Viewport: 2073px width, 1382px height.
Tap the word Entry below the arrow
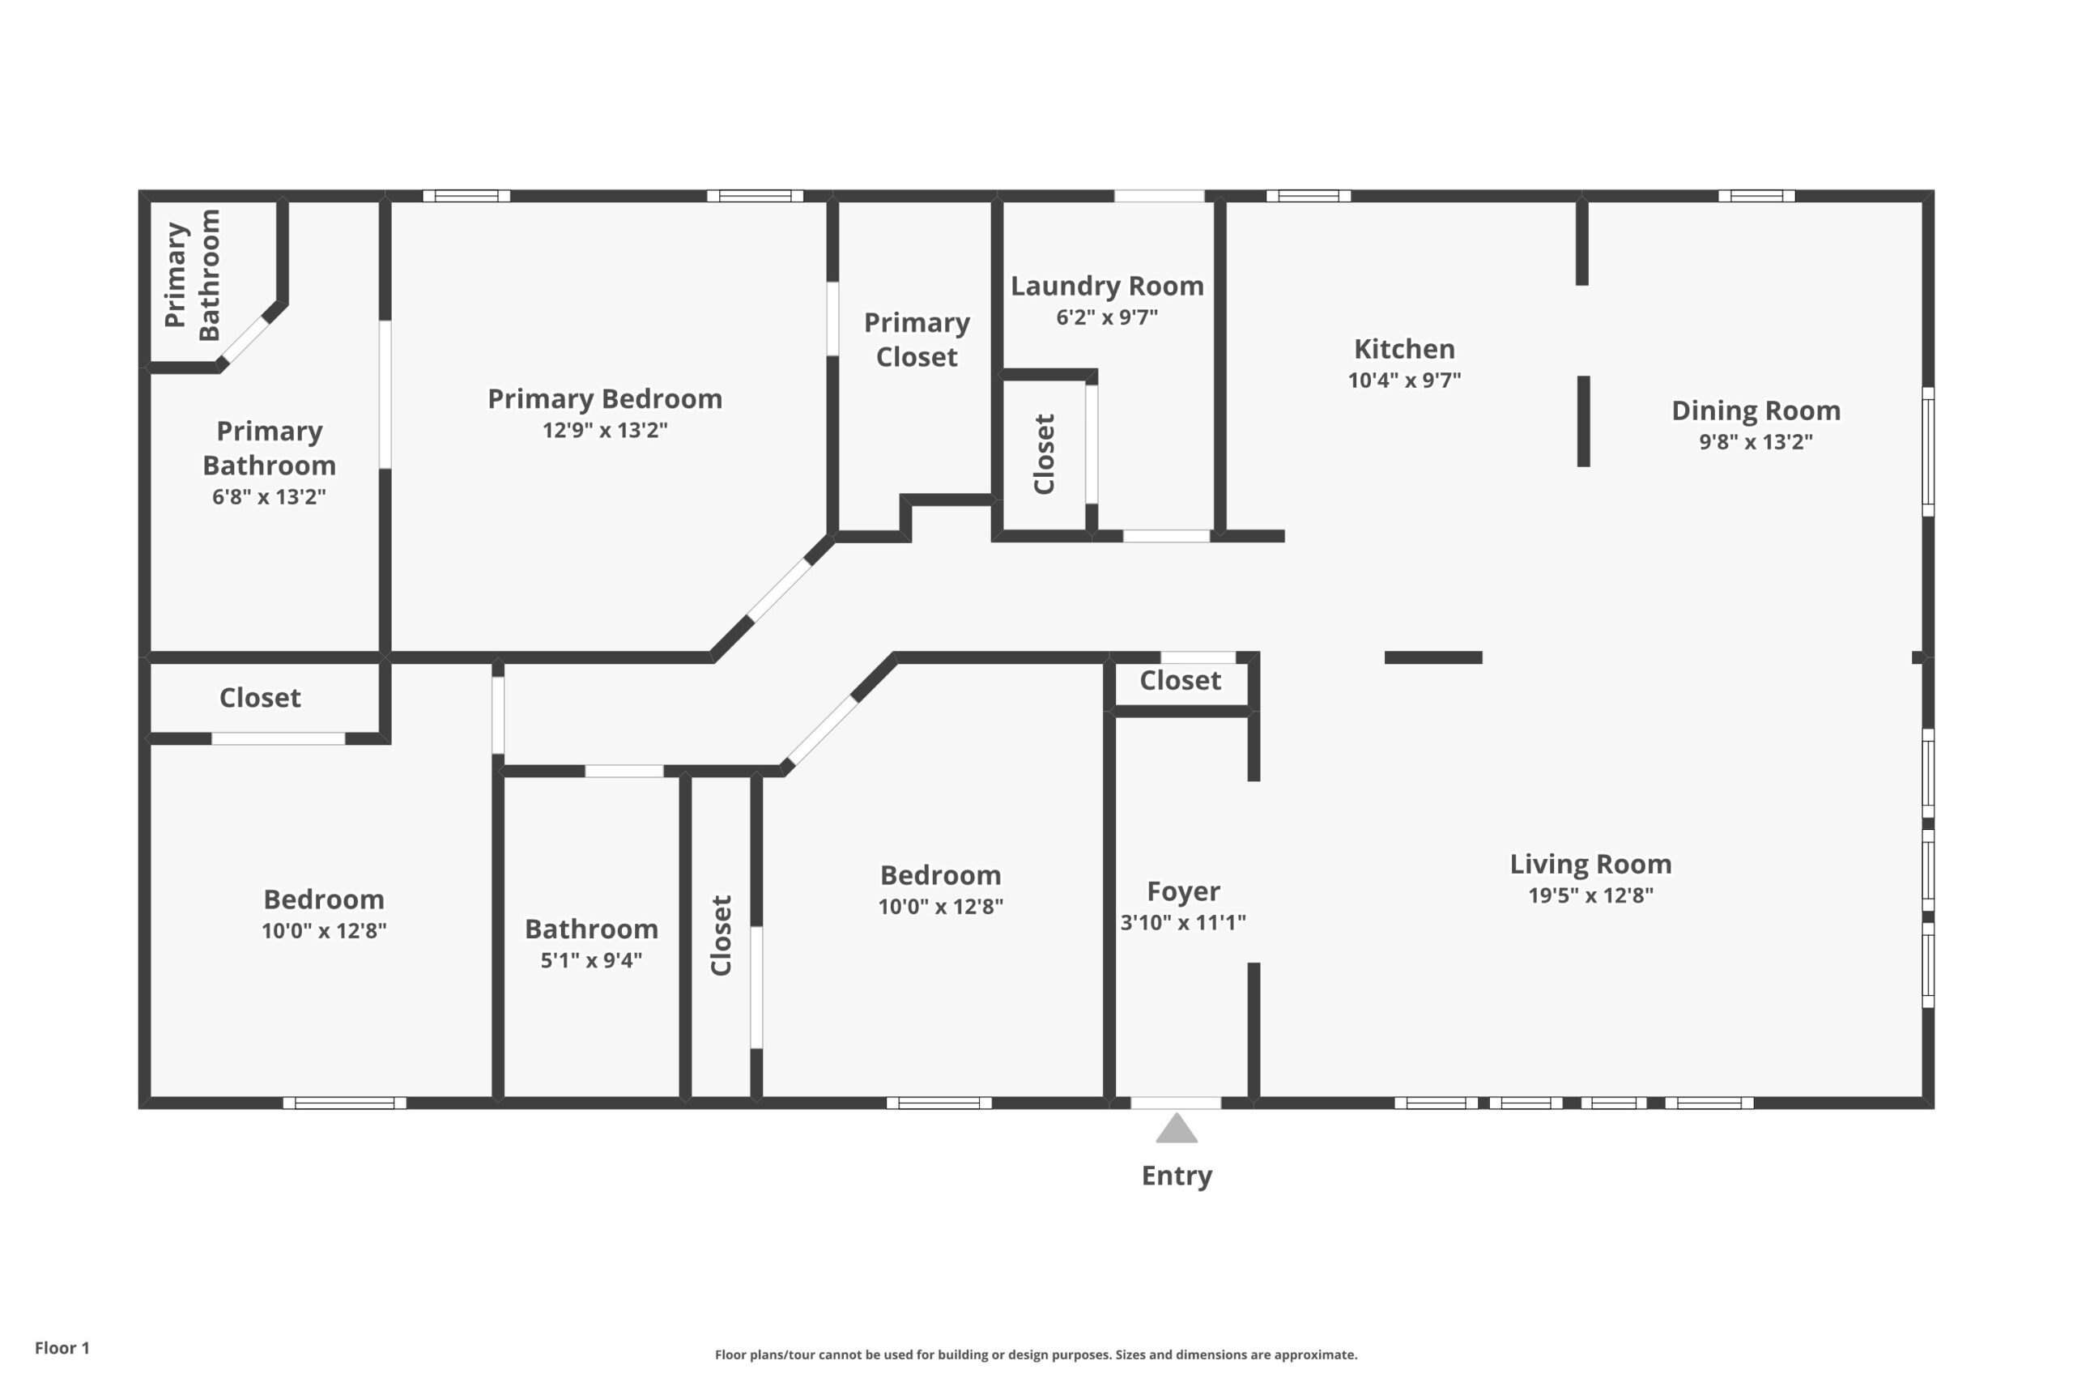pos(1177,1176)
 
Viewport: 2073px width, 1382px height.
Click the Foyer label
pos(1183,891)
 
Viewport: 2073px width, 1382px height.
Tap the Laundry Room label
pos(1107,286)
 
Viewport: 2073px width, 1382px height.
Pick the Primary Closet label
pos(917,339)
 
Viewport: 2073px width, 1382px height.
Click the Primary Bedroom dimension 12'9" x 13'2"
pos(605,430)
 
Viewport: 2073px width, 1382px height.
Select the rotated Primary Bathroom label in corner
pos(192,275)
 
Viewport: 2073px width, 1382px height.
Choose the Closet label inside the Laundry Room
pos(1045,454)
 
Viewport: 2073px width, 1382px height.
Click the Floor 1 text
pos(62,1348)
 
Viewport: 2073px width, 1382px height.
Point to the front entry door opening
pos(1176,1103)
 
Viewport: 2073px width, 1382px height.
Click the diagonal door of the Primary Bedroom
pos(778,589)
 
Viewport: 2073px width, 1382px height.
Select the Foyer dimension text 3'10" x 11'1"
pos(1183,923)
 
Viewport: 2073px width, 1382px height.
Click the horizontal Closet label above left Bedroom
pos(260,698)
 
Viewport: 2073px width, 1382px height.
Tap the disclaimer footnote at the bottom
pos(1036,1354)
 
